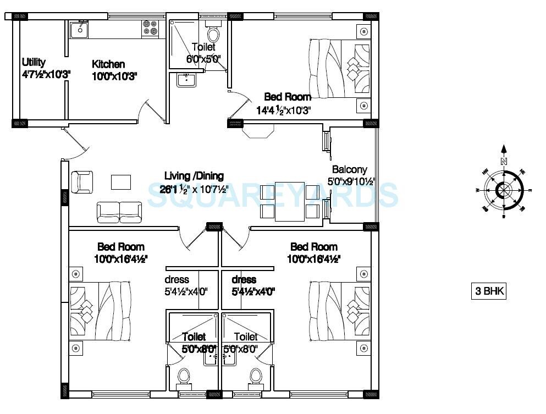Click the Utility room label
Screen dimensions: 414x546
pos(34,63)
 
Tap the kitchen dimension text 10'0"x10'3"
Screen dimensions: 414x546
pos(114,76)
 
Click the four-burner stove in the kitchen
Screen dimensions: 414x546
pos(149,29)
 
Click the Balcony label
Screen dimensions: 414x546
pos(349,170)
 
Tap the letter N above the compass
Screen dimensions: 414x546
pos(503,161)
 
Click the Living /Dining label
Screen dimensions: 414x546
pos(194,176)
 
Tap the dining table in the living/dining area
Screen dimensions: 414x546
pos(290,201)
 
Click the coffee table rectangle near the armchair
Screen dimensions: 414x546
pos(121,182)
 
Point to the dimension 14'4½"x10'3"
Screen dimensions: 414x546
pos(284,110)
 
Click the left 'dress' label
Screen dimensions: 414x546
pos(177,280)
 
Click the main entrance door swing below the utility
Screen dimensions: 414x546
pos(77,141)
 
